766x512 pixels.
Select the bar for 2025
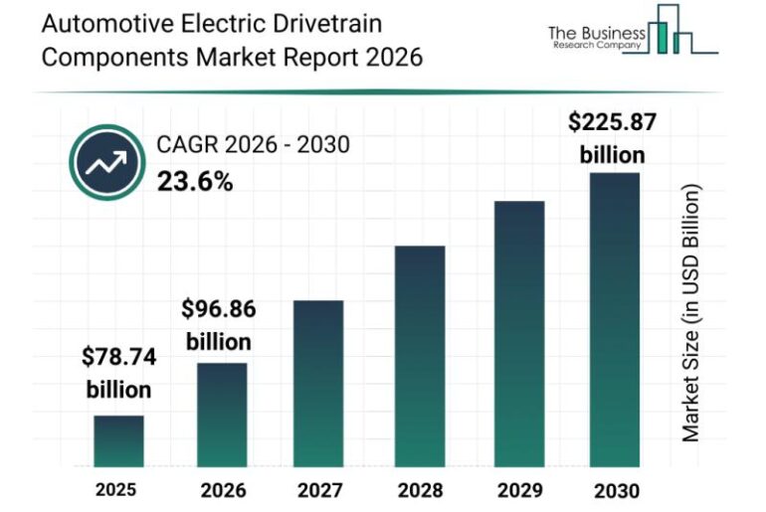pos(118,441)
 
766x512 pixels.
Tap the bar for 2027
pos(318,384)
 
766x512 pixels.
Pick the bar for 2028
pos(419,356)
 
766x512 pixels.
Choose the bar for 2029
pos(519,334)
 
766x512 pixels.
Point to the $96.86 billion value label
pos(218,325)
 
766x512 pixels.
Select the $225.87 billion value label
pos(613,138)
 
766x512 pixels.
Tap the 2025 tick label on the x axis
pos(118,489)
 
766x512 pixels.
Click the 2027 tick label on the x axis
pos(319,489)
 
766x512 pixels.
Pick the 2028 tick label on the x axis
pos(419,489)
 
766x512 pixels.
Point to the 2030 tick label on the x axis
pos(615,489)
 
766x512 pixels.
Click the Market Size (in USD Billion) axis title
pos(692,313)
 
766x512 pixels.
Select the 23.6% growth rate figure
pos(195,181)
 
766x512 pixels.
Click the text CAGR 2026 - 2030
pos(253,146)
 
